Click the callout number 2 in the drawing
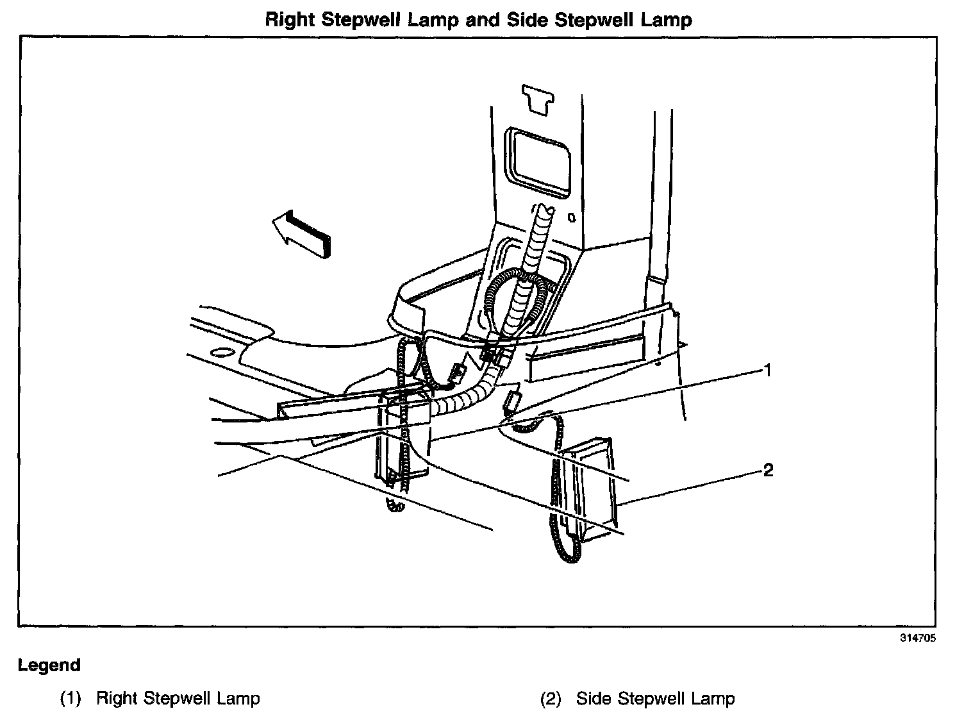[x=769, y=471]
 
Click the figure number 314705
[x=919, y=638]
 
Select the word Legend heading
[x=49, y=665]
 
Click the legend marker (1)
[x=71, y=698]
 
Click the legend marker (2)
[x=551, y=698]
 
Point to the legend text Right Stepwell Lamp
[x=178, y=698]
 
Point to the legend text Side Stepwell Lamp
[x=655, y=698]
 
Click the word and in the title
[x=483, y=20]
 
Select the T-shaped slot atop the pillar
[x=538, y=98]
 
